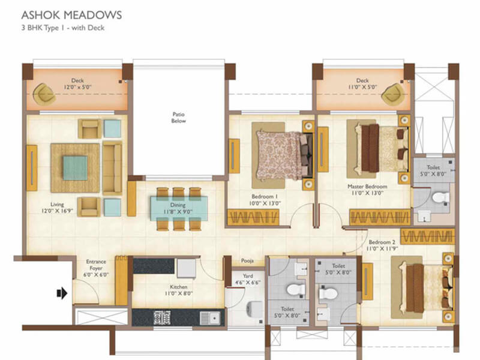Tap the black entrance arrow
[61, 293]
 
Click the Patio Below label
[179, 116]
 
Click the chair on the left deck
[43, 94]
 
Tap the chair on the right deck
[394, 93]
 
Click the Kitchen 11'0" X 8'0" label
[179, 290]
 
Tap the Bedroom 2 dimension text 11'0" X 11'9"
[383, 248]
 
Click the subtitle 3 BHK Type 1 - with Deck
[59, 27]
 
